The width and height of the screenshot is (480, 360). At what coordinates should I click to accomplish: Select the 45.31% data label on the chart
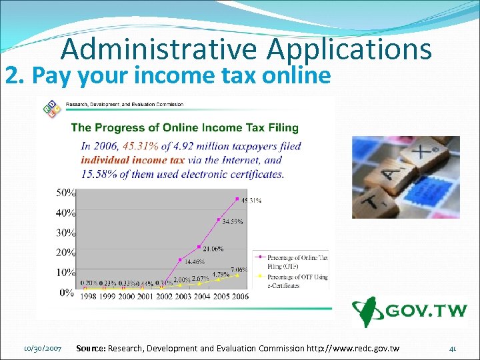(251, 199)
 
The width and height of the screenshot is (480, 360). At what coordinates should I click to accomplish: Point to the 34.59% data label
(233, 221)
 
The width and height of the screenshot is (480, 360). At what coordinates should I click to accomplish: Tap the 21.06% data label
(214, 249)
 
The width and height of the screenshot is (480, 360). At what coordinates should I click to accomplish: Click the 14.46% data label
(195, 262)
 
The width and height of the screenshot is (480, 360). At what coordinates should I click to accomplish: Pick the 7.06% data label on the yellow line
(239, 270)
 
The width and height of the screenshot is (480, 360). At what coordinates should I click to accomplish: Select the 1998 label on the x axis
(92, 296)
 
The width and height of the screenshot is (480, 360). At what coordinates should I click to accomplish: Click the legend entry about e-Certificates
(294, 281)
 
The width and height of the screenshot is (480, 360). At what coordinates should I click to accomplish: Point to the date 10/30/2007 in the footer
(43, 349)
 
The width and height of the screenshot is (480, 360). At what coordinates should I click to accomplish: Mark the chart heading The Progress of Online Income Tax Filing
(185, 127)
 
